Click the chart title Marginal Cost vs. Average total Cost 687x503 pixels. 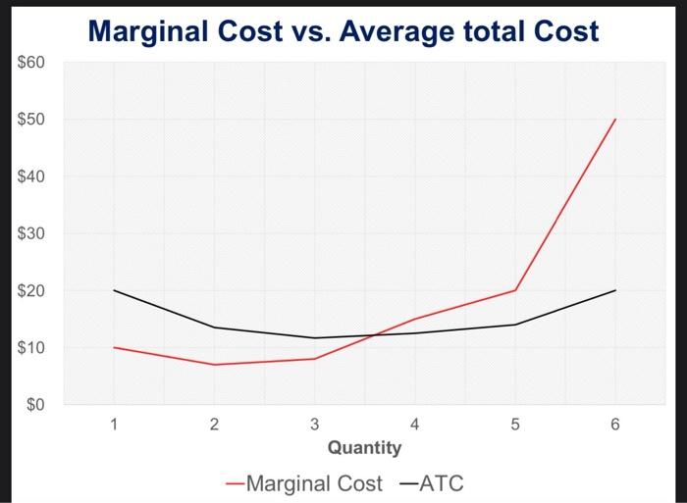[x=343, y=31]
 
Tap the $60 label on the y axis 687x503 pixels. [x=30, y=64]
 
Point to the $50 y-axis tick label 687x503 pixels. [x=30, y=121]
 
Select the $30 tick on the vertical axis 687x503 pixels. [x=30, y=234]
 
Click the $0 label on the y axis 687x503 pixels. [x=34, y=405]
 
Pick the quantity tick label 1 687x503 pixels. [x=114, y=426]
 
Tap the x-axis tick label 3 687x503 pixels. [x=314, y=426]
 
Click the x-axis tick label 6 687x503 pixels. [x=614, y=426]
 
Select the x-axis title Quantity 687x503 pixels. [x=364, y=448]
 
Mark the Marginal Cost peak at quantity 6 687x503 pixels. [x=614, y=120]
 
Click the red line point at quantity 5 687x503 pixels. [x=514, y=290]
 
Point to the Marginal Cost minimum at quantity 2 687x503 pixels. [x=214, y=365]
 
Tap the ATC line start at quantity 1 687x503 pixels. [x=114, y=290]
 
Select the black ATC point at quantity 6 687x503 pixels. [x=614, y=290]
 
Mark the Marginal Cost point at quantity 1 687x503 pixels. [x=114, y=347]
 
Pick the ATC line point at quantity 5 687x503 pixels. [x=514, y=325]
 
